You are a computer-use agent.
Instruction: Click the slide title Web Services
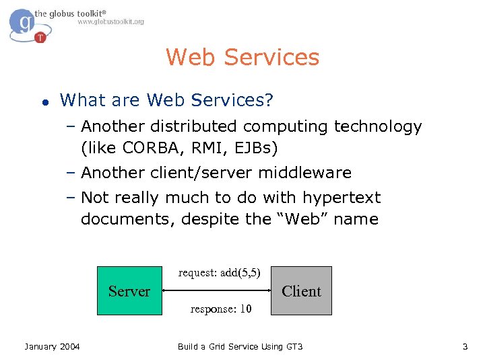[x=243, y=57]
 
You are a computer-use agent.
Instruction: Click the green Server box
[x=129, y=290]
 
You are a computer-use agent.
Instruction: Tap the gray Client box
[x=301, y=290]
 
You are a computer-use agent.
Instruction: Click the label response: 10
[x=221, y=309]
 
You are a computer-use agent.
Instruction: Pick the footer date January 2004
[x=52, y=346]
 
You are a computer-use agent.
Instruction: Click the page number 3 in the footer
[x=465, y=346]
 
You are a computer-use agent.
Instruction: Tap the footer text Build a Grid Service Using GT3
[x=240, y=346]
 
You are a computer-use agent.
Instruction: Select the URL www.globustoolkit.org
[x=110, y=22]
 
